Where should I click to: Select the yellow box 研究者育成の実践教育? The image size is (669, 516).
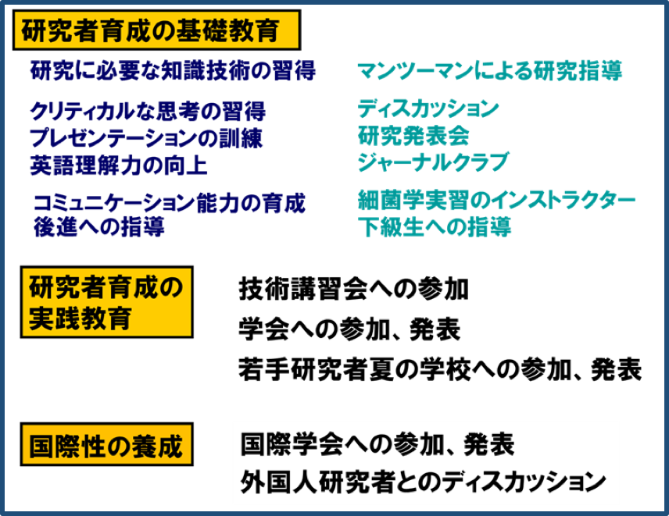point(106,301)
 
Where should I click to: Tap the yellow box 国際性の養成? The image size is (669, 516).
point(106,447)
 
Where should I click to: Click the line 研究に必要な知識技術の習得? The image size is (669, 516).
point(173,71)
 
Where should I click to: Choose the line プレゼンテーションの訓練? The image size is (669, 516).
point(146,138)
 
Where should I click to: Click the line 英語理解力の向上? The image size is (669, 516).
point(119,165)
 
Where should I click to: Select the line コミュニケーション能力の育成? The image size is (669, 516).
point(169,204)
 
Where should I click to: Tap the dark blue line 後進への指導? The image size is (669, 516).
point(98,228)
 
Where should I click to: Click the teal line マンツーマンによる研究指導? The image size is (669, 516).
point(489,72)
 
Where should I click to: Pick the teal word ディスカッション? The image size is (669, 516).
point(428,109)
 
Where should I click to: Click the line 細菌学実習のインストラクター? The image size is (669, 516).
point(496,200)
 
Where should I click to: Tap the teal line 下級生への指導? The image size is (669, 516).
point(435,227)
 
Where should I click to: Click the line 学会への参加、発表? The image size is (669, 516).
point(349,329)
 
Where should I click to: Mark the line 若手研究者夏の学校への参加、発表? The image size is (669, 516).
point(440,368)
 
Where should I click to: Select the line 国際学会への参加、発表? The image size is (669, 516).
point(377,445)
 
